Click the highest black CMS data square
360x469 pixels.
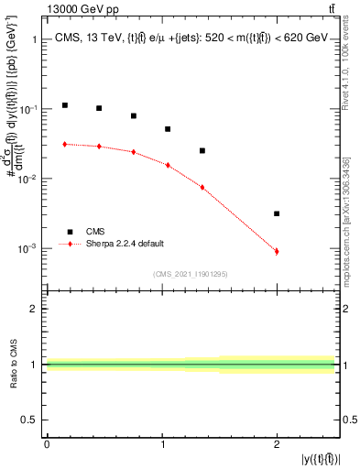(65, 105)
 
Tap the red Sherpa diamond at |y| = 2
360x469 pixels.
(277, 251)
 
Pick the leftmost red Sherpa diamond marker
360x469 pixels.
(65, 144)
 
